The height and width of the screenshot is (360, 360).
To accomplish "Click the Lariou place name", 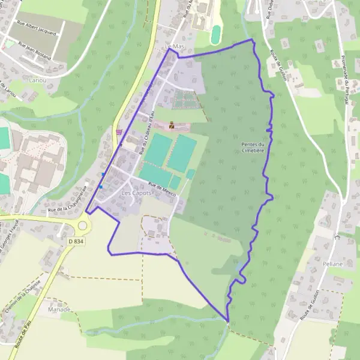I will [x=37, y=79].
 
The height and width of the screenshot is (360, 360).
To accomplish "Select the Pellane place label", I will [x=333, y=263].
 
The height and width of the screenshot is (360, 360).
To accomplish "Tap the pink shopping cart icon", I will [x=119, y=132].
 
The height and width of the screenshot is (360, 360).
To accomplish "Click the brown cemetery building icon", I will [x=172, y=125].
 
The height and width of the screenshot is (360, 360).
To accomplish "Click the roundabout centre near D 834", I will [x=82, y=226].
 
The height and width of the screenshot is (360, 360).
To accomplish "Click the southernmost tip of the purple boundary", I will [x=228, y=322].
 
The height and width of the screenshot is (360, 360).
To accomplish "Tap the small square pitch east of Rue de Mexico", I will [x=190, y=174].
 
